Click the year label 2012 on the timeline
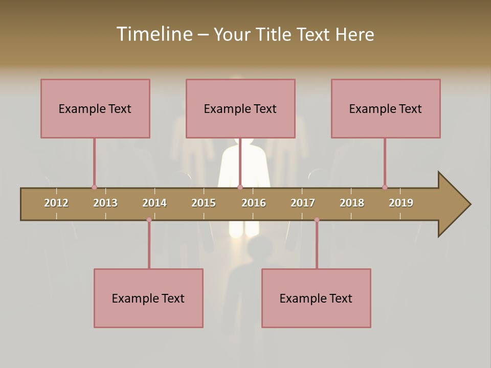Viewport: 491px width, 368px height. (56, 203)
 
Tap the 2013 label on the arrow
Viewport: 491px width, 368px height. (105, 203)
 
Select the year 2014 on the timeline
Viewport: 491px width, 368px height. (154, 203)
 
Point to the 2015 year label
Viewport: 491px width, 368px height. (204, 203)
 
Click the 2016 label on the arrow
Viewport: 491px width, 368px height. (254, 203)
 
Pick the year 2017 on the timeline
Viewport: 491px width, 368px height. (303, 203)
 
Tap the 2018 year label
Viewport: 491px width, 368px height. (352, 203)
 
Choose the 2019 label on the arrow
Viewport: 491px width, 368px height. (401, 203)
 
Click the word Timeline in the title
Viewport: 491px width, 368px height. (153, 34)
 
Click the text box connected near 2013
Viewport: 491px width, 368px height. (95, 108)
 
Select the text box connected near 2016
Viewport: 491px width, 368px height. (240, 108)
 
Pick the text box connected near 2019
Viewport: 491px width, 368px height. (386, 108)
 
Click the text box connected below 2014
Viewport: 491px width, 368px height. (148, 298)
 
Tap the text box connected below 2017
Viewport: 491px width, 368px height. (316, 298)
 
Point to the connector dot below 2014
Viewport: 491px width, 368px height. (149, 220)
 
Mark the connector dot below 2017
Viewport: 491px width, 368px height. (317, 220)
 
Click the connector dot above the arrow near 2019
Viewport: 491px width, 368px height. (385, 187)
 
